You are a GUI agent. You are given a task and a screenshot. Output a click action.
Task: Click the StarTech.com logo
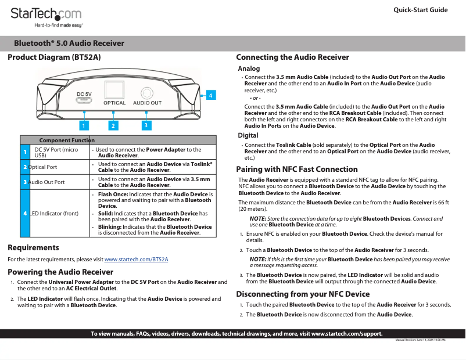[x=46, y=13]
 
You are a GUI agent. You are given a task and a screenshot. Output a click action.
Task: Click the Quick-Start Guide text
[x=420, y=10]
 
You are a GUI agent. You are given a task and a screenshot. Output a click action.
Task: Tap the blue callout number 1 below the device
[x=84, y=125]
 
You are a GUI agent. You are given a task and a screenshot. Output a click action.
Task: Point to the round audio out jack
[x=148, y=92]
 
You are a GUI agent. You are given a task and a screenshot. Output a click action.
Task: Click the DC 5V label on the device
[x=84, y=93]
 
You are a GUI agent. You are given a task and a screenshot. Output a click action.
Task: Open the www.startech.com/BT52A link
[x=136, y=260]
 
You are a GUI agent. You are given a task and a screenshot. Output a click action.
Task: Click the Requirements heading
[x=33, y=248]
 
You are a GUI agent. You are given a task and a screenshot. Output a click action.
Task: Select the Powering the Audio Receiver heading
[x=60, y=272]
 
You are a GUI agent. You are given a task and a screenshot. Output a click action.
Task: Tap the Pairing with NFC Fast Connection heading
[x=297, y=170]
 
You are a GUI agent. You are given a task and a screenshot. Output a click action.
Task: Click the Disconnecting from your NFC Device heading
[x=303, y=294]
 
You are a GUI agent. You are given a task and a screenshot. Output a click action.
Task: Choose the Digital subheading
[x=248, y=135]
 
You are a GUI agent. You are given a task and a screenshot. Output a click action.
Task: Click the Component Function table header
[x=67, y=140]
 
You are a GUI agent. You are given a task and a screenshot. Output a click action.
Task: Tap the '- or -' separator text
[x=255, y=98]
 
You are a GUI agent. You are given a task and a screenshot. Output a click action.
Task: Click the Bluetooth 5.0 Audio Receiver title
[x=69, y=43]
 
